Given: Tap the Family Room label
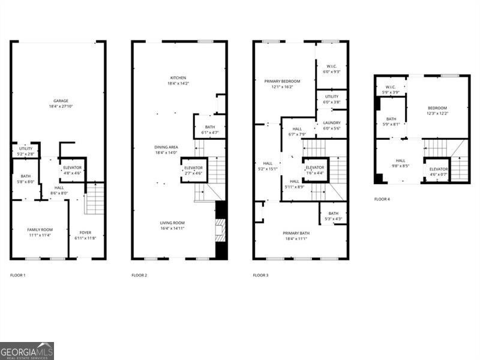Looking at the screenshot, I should pos(40,230).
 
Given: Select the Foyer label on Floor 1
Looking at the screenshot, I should pos(85,232).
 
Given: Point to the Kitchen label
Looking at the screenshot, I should pos(178,78).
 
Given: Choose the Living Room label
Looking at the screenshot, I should pos(173,222).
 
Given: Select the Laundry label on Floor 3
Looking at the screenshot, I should pos(332,122).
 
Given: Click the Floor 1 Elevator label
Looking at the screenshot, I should pos(72,167).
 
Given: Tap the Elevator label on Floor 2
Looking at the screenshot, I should pos(193,168).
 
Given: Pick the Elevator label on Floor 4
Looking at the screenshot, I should pos(439,169).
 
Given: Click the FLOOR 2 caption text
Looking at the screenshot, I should pos(139,275).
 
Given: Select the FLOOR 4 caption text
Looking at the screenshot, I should pos(382,199).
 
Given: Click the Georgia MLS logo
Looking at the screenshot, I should pos(27,350).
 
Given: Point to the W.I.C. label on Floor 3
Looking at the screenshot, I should pos(332,66).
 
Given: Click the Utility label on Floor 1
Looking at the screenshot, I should pos(26,148).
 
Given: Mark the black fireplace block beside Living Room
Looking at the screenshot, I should pos(221,231).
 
